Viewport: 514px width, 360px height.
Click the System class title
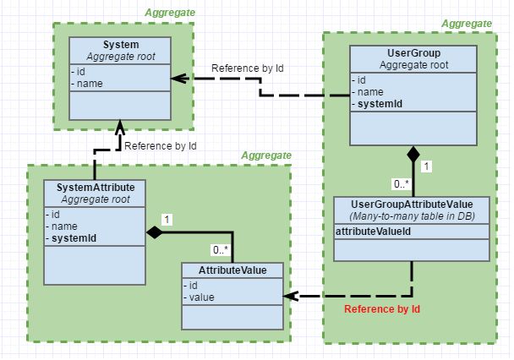click(121, 45)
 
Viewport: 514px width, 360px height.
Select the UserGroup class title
click(413, 53)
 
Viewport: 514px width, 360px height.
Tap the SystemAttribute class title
click(96, 188)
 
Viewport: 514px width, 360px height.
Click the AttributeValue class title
click(232, 270)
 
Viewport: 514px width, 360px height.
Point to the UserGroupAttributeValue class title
click(412, 205)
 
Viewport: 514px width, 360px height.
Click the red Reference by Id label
click(382, 309)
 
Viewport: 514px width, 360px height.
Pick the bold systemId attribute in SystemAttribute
click(71, 238)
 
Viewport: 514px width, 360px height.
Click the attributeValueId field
click(373, 232)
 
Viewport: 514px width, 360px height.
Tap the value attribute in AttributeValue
click(199, 297)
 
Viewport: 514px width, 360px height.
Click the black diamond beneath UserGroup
click(413, 154)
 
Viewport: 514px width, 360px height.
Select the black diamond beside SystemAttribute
click(154, 232)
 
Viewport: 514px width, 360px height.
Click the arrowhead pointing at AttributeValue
click(290, 296)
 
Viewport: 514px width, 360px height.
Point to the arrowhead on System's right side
click(178, 79)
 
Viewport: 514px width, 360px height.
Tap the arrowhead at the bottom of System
click(120, 128)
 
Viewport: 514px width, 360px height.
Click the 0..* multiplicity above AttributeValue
click(221, 250)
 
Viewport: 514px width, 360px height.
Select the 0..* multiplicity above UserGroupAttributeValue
click(402, 183)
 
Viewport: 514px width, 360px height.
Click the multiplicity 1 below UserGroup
click(426, 166)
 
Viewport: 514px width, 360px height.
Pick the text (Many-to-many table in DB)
click(412, 216)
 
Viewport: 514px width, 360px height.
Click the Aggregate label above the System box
click(170, 13)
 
